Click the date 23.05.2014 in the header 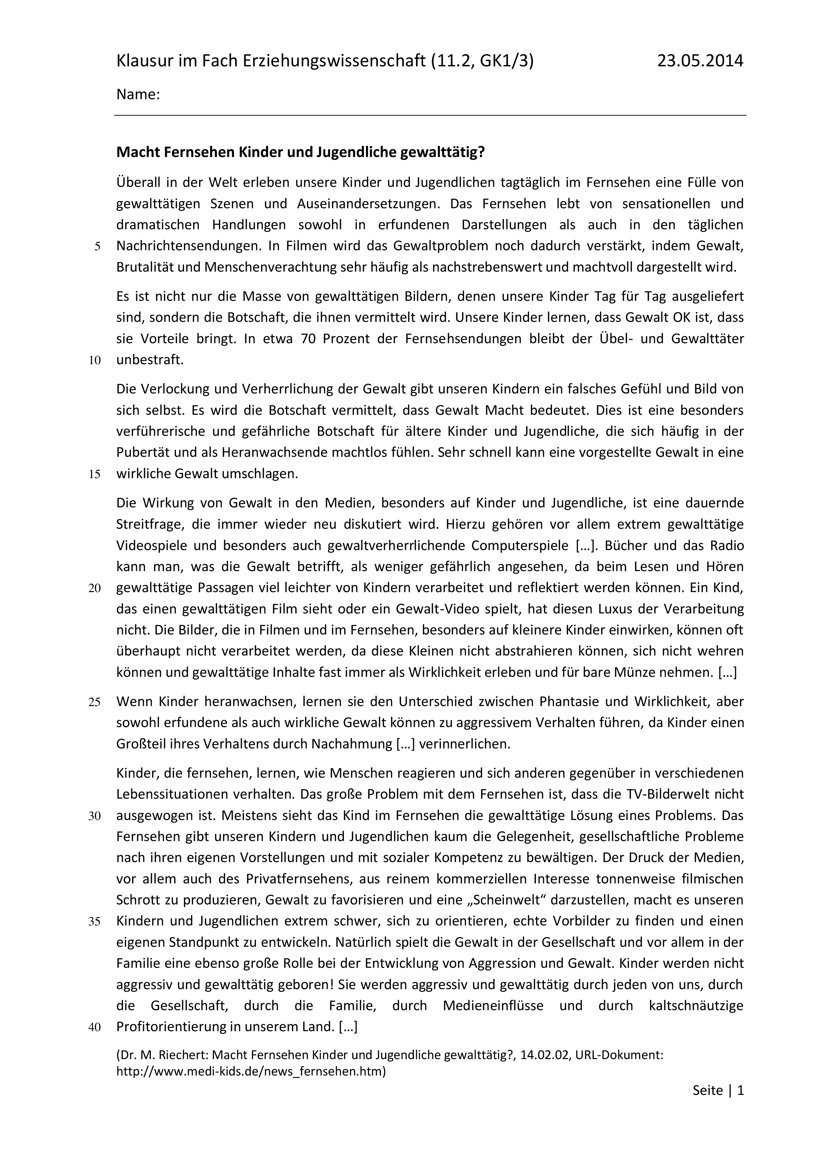[x=700, y=61]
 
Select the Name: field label [x=138, y=94]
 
